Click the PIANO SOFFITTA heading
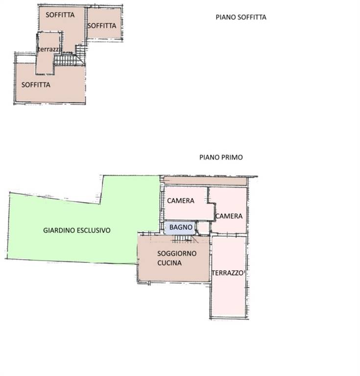click(x=241, y=17)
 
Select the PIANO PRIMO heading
click(x=221, y=157)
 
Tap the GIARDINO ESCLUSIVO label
click(x=77, y=230)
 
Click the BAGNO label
click(x=181, y=227)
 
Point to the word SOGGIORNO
click(x=177, y=254)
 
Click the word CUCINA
click(x=169, y=263)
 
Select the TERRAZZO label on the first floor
click(x=228, y=273)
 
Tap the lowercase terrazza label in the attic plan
click(x=49, y=49)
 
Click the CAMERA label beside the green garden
click(x=181, y=201)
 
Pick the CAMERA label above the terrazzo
click(x=229, y=216)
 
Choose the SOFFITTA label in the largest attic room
click(x=36, y=85)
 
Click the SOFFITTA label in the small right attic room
click(x=102, y=25)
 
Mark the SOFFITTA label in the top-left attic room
click(x=60, y=15)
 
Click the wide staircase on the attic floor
click(x=65, y=60)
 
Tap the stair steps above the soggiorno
click(x=184, y=239)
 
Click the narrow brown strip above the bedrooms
click(x=205, y=181)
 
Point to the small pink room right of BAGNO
click(x=203, y=227)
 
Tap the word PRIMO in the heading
click(x=232, y=157)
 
